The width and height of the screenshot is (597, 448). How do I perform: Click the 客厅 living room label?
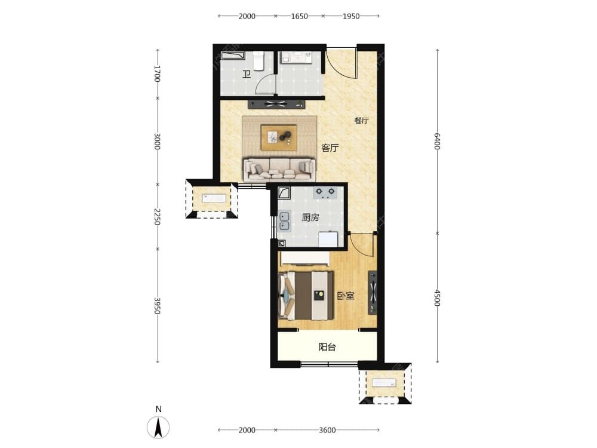[x=330, y=148]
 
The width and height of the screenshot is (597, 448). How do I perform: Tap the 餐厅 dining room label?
[x=361, y=121]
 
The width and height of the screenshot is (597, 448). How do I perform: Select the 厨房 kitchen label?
[x=310, y=217]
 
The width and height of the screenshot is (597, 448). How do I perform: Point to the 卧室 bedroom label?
[x=346, y=296]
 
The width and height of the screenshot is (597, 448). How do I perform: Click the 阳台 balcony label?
[x=327, y=347]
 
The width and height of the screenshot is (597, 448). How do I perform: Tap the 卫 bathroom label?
[x=247, y=74]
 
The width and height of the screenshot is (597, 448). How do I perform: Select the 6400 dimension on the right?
[x=437, y=142]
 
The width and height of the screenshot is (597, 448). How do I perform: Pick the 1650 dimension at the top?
[x=299, y=16]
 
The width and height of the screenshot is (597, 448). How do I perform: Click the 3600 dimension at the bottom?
[x=327, y=430]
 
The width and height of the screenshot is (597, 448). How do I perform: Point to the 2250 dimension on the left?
[x=157, y=216]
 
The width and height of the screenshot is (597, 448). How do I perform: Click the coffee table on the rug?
[x=279, y=137]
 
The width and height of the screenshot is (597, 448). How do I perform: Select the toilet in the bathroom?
[x=259, y=61]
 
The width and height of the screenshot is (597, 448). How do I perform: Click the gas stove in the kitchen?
[x=325, y=192]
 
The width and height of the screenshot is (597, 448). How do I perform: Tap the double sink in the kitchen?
[x=284, y=222]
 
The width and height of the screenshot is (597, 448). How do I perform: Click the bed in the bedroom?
[x=306, y=296]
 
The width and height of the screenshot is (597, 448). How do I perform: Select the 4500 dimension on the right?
[x=437, y=298]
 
